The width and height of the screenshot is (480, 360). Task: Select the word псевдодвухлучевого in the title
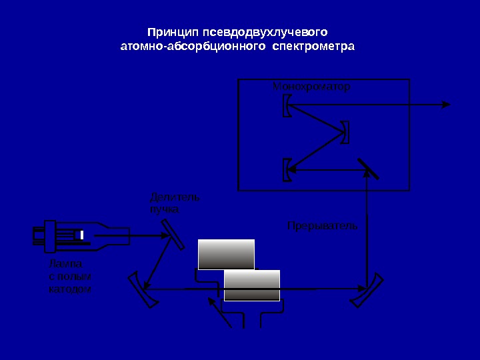[257, 32]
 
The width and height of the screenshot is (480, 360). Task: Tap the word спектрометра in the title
[315, 47]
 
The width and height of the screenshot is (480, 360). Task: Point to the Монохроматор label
[311, 87]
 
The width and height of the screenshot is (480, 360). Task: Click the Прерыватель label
[322, 225]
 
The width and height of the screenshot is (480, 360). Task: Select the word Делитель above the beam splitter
[175, 197]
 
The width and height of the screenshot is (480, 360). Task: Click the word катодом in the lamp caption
[70, 289]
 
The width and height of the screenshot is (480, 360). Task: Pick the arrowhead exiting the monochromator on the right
[446, 104]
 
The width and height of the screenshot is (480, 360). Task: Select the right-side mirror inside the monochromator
[345, 131]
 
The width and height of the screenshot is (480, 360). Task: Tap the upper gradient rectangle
[227, 254]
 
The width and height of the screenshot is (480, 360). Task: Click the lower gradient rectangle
[252, 285]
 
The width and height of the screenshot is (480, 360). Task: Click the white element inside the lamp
[81, 235]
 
